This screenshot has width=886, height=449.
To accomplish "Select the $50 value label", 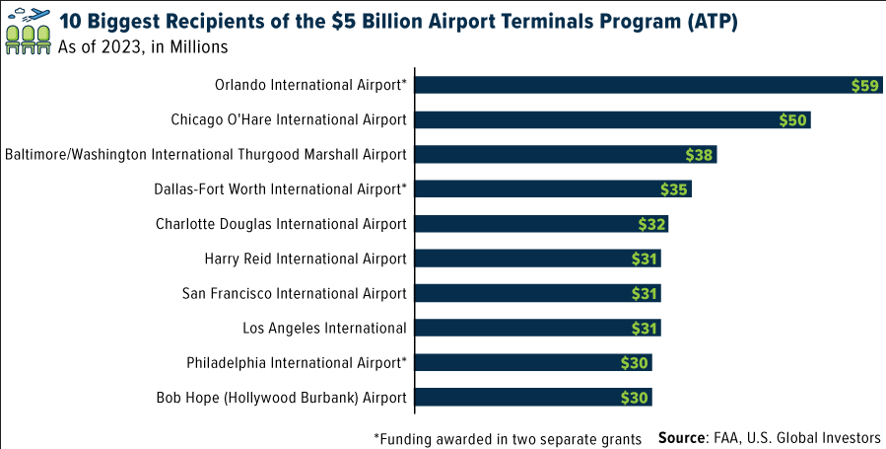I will (793, 120).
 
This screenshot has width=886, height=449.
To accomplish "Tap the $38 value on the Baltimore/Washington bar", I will (700, 155).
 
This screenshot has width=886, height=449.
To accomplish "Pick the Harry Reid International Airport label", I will (306, 259).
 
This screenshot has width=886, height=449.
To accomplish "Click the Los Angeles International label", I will (324, 328).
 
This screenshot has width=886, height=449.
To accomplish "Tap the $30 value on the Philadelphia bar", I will (635, 363).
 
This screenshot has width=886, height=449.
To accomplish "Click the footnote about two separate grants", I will (508, 437).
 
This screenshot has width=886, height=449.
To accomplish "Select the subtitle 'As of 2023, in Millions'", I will (144, 45).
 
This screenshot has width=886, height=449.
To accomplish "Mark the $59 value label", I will (864, 86).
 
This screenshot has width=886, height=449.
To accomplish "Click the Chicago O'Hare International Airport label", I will (289, 119).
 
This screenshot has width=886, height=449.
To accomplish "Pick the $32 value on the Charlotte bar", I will (652, 224).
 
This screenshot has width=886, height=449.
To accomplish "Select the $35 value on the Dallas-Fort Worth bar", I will (675, 189).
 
